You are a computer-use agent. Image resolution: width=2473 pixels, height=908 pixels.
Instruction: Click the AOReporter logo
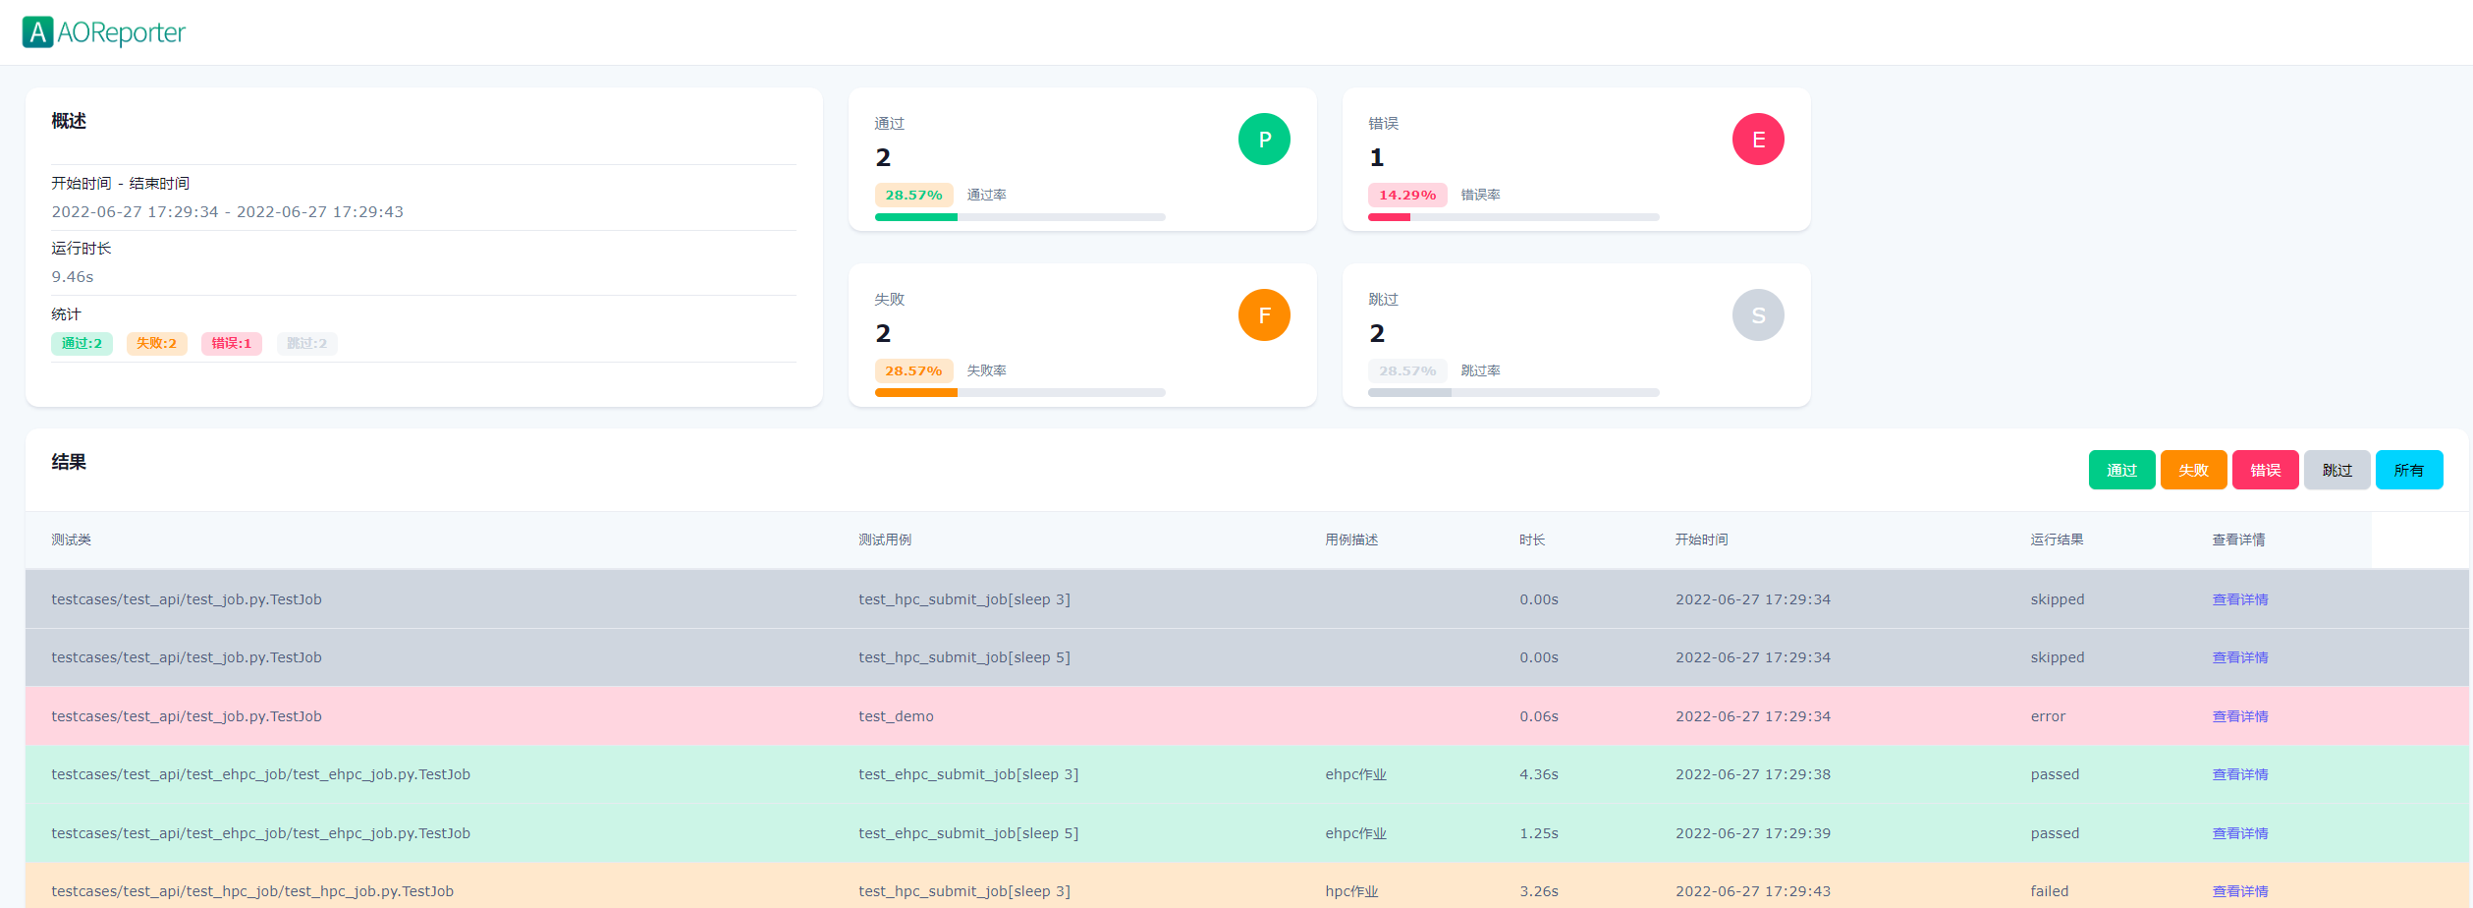(x=103, y=32)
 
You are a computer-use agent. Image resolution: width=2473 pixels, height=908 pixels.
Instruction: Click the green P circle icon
(x=1264, y=140)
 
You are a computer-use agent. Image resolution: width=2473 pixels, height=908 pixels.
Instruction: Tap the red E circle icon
(x=1758, y=140)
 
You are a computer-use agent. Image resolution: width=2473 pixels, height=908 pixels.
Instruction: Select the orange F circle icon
(x=1264, y=315)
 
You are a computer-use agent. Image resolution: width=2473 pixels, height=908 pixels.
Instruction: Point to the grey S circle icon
(x=1758, y=315)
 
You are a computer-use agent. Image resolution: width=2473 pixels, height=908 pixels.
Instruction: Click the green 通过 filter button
(x=2121, y=470)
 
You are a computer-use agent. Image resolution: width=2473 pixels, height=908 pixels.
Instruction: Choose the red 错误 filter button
(x=2265, y=470)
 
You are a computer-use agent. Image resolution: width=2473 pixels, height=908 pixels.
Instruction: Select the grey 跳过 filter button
(x=2336, y=470)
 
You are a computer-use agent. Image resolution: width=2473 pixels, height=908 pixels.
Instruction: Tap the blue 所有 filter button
(x=2408, y=470)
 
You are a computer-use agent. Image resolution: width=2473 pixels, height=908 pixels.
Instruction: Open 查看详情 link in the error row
(x=2240, y=716)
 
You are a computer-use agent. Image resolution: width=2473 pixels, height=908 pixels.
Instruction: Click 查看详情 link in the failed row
(x=2240, y=891)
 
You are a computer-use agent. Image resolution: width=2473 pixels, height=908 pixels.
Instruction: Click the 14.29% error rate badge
(x=1406, y=195)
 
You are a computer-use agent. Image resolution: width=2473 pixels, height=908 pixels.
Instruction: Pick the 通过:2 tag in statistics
(x=82, y=343)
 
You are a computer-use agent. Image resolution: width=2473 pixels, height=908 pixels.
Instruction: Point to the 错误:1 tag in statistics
(x=231, y=343)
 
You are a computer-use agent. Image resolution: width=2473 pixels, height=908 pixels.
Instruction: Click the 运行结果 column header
(x=2057, y=539)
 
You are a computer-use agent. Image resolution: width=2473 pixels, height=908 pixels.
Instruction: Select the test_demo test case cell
(x=896, y=716)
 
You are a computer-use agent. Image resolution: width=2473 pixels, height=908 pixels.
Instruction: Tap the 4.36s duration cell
(x=1538, y=774)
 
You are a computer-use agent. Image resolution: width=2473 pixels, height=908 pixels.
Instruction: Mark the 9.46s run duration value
(x=73, y=277)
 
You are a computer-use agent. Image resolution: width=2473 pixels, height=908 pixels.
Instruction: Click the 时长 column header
(x=1531, y=539)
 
